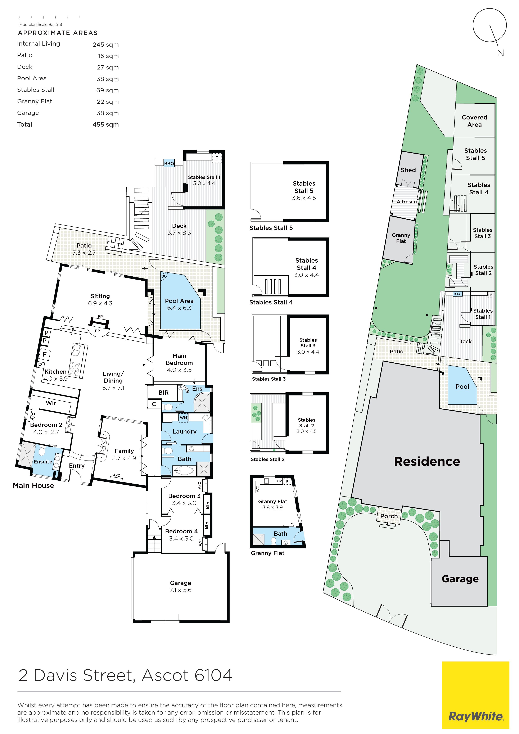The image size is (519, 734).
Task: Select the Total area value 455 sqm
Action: (105, 125)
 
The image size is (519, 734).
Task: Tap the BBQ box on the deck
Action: (169, 163)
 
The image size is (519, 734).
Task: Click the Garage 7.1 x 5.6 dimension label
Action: (181, 590)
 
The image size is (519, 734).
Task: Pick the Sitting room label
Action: (100, 296)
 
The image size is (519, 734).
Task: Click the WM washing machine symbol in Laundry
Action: (184, 417)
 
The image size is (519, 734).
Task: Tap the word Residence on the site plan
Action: (427, 461)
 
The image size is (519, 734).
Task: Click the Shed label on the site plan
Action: (408, 170)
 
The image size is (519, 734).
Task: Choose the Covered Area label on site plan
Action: (475, 121)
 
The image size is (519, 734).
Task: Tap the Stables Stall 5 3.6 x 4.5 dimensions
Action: (304, 198)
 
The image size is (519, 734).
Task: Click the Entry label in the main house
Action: (77, 466)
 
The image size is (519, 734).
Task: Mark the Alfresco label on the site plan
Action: (407, 202)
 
